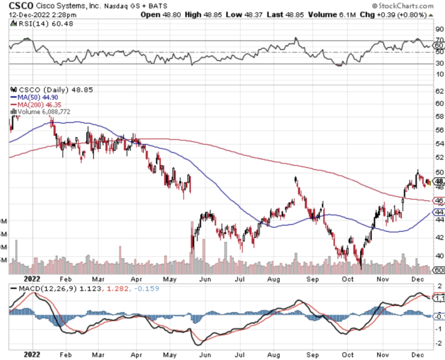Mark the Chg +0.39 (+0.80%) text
[x=395, y=14]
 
